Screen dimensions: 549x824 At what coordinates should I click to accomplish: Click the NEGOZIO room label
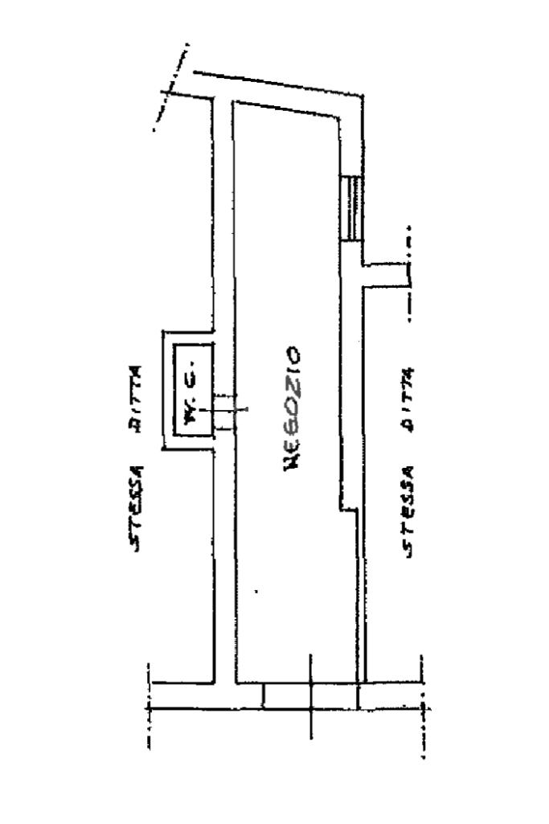tap(292, 408)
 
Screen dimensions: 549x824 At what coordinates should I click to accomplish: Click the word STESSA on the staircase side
tap(408, 512)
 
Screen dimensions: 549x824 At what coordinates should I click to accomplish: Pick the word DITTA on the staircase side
tap(408, 399)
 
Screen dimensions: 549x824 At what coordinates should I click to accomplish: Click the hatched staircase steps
tap(351, 208)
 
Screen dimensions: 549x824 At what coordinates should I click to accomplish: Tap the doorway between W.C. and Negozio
tap(225, 412)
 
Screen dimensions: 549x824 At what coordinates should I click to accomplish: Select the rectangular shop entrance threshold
tap(310, 695)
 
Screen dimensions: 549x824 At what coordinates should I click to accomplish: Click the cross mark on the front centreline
tap(311, 708)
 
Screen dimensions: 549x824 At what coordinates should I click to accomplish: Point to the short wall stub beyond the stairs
tap(386, 276)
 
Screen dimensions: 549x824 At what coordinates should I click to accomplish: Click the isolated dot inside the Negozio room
tap(256, 592)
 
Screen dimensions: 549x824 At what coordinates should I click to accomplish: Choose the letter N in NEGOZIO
tap(292, 462)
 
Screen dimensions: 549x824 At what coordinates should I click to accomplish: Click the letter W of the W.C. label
tap(190, 416)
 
